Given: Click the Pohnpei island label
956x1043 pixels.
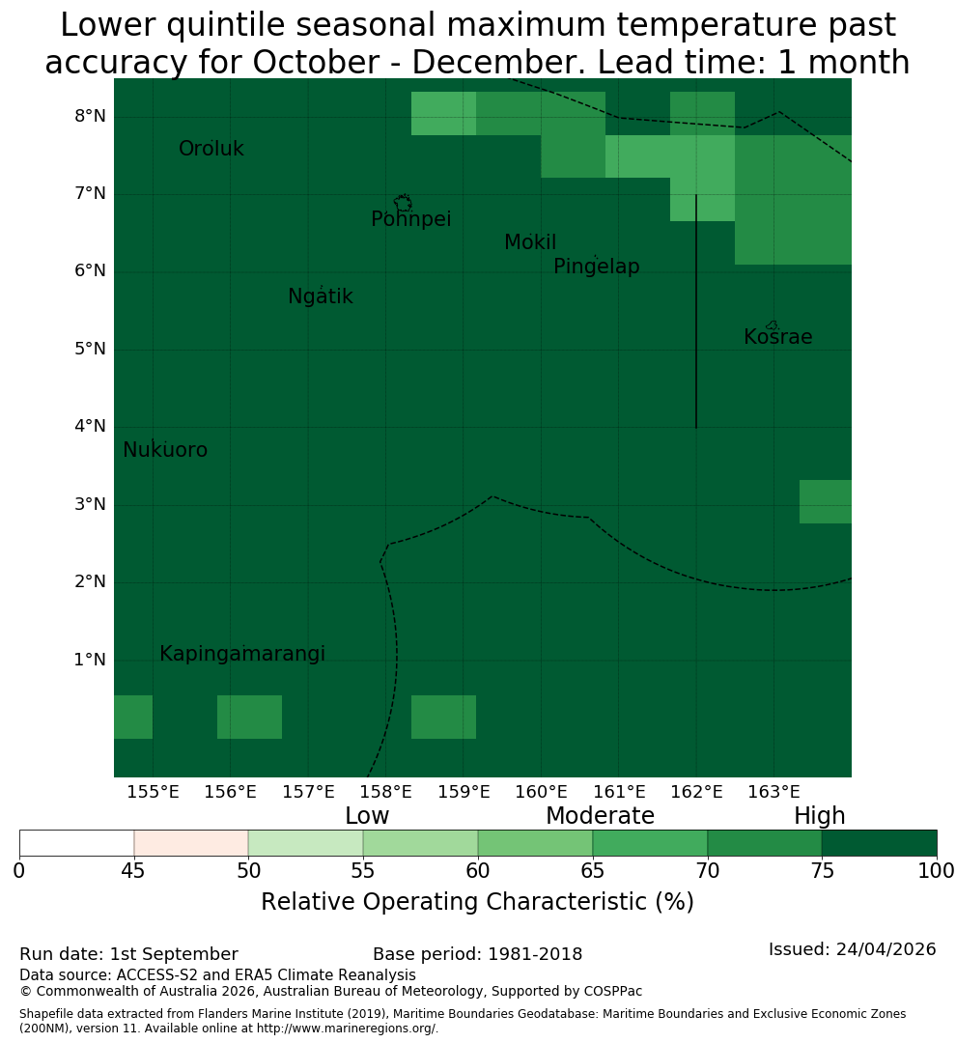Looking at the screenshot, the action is [410, 219].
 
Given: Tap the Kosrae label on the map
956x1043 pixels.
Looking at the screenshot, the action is [777, 337].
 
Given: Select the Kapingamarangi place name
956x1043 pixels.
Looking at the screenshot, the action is [242, 654].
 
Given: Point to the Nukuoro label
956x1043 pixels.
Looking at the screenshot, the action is [165, 450].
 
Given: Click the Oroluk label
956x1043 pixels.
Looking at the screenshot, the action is [211, 149].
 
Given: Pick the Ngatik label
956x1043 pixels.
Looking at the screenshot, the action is [320, 296].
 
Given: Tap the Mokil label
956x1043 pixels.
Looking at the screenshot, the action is [529, 242].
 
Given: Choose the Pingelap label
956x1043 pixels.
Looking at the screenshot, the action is [596, 267].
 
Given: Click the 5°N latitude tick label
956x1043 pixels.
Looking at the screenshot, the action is [90, 349].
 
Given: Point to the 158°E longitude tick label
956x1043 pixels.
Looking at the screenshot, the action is [386, 792].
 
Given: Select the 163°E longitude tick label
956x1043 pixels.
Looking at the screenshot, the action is [773, 792].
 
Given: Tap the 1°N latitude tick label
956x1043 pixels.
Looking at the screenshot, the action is [90, 660].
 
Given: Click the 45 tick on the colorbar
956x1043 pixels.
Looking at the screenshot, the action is [133, 870].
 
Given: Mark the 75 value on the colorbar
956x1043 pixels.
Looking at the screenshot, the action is [823, 870].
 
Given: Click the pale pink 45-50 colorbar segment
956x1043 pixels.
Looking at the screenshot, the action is [191, 843].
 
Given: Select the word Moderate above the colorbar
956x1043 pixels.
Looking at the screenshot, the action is [600, 815].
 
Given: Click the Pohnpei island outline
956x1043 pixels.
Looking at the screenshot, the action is [403, 202].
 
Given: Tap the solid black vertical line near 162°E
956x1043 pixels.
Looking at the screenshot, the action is [696, 311].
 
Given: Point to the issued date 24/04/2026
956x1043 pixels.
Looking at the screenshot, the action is [886, 949].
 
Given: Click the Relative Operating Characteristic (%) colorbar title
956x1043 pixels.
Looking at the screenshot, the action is [477, 902].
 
